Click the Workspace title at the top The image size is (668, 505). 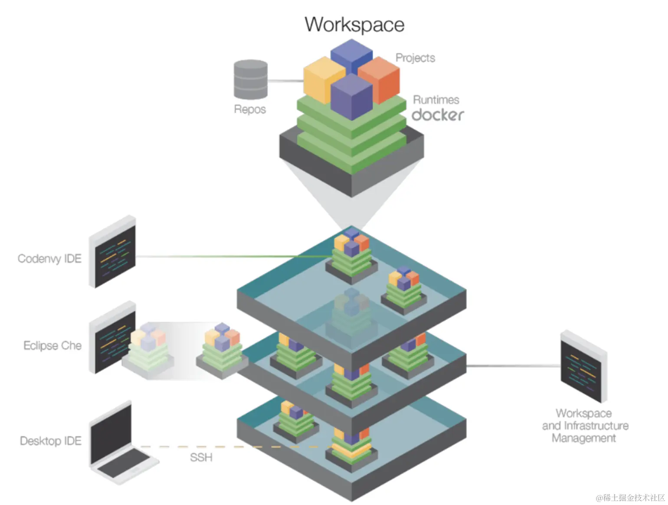(354, 25)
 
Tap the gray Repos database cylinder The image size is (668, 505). (250, 79)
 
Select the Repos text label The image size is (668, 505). (250, 109)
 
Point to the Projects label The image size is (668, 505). (415, 58)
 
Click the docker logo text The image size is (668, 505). (437, 115)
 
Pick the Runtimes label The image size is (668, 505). (436, 100)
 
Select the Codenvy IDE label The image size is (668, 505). (49, 259)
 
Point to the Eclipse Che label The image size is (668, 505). (52, 346)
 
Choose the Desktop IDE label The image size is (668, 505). (51, 441)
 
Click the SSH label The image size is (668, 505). (201, 457)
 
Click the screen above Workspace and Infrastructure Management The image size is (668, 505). (583, 367)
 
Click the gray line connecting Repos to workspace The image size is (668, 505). (285, 81)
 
